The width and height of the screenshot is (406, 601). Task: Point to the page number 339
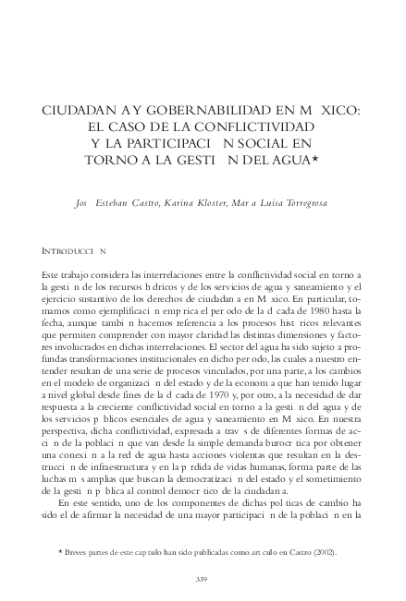(203, 579)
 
